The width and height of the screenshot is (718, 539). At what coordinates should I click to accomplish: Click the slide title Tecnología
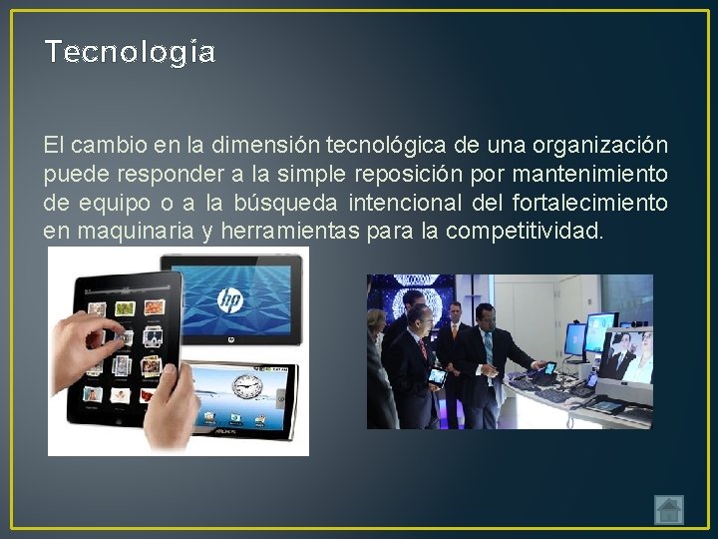pos(130,52)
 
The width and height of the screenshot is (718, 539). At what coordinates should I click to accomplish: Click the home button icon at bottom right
pos(669,510)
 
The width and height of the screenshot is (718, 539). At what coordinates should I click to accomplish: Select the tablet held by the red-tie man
pos(436,375)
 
